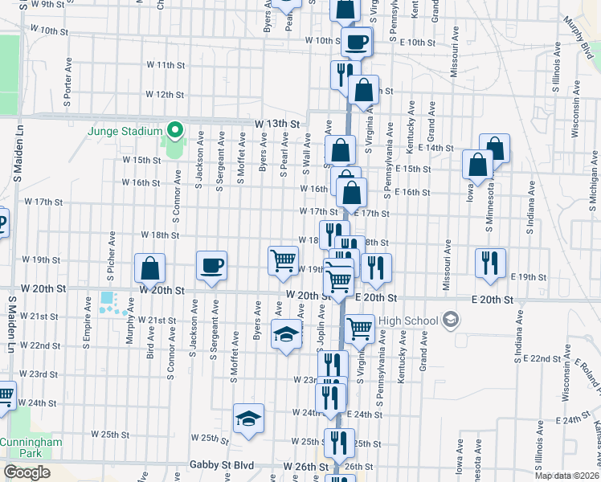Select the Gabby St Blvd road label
(x=222, y=465)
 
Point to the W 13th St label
(x=276, y=125)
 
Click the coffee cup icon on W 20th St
(x=212, y=266)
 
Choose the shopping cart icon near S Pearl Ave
(x=283, y=261)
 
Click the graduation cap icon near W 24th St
(x=249, y=419)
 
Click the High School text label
(x=408, y=321)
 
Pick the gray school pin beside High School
(x=451, y=321)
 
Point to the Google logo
(x=27, y=472)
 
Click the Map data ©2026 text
(x=567, y=475)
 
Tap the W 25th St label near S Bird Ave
(x=110, y=435)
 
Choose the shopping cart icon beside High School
(x=358, y=328)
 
